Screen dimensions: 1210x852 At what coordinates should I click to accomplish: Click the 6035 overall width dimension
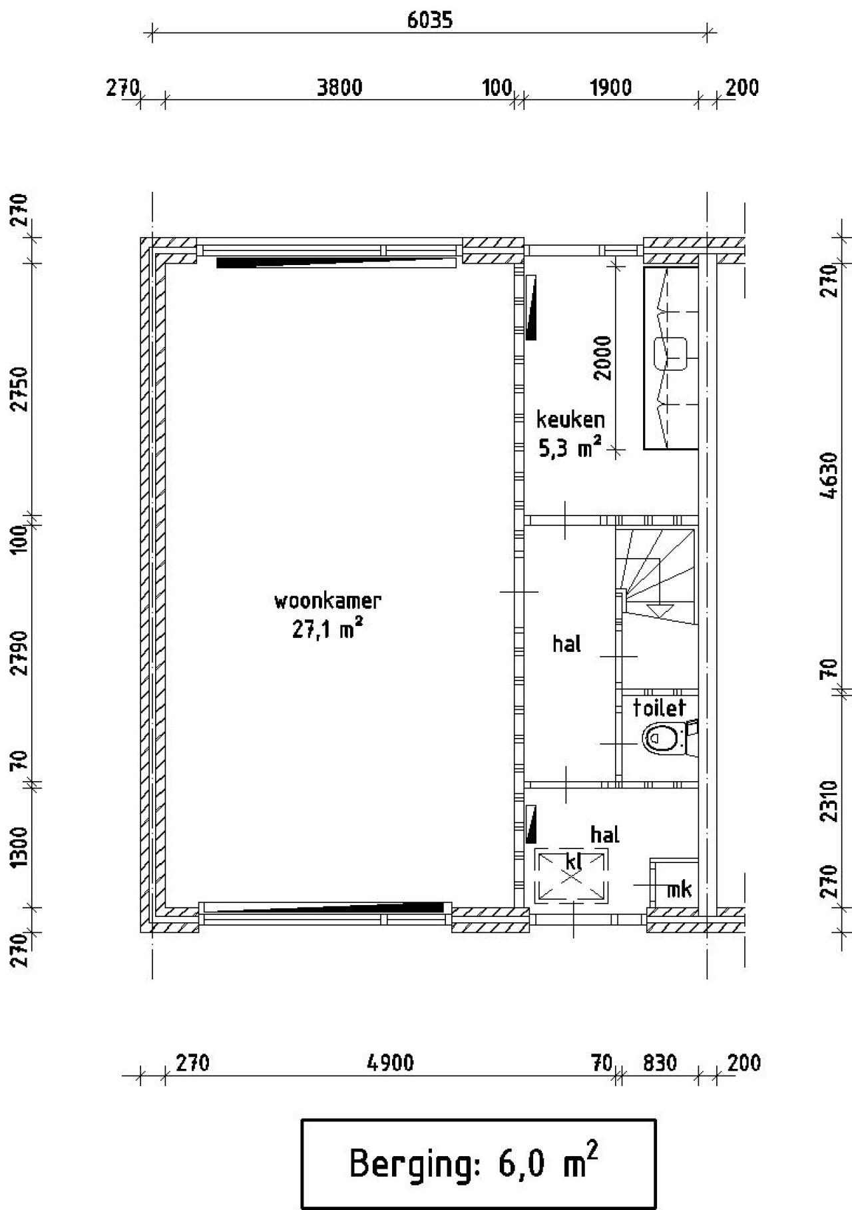429,20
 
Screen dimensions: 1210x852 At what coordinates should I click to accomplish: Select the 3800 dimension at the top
339,87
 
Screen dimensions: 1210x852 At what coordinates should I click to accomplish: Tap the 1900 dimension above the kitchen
611,87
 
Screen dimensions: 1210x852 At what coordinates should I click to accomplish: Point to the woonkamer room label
327,601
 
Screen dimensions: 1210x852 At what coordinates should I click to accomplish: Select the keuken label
570,420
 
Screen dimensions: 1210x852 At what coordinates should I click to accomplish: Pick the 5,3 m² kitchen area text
570,448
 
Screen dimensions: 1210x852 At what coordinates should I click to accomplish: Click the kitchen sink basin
670,354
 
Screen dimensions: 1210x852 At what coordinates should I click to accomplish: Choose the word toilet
659,707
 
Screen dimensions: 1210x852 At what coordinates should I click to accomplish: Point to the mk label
679,888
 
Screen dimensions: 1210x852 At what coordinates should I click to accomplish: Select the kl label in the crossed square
573,862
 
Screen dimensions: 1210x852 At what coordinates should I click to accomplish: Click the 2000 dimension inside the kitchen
603,358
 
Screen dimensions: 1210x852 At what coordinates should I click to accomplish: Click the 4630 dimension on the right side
829,475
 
